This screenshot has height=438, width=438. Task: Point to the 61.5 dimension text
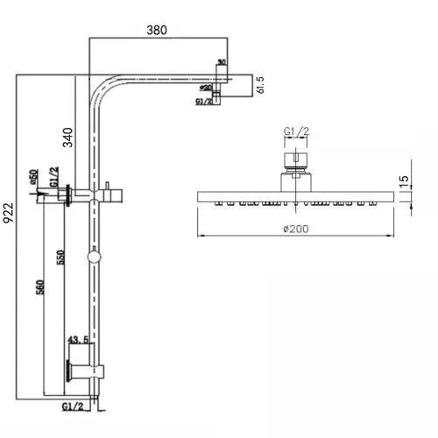coord(260,83)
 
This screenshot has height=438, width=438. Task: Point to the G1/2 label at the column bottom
coord(74,406)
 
